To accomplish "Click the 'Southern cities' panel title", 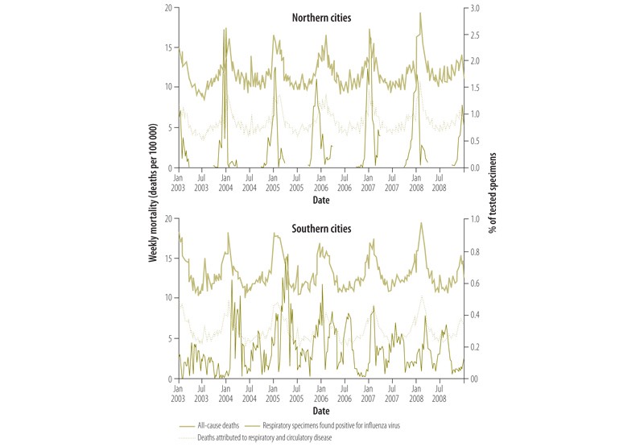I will tap(322, 229).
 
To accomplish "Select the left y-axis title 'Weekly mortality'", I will tap(153, 194).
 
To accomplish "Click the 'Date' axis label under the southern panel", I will tap(322, 409).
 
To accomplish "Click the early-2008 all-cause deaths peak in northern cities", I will tap(420, 13).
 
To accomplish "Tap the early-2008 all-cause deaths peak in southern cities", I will tap(421, 223).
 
